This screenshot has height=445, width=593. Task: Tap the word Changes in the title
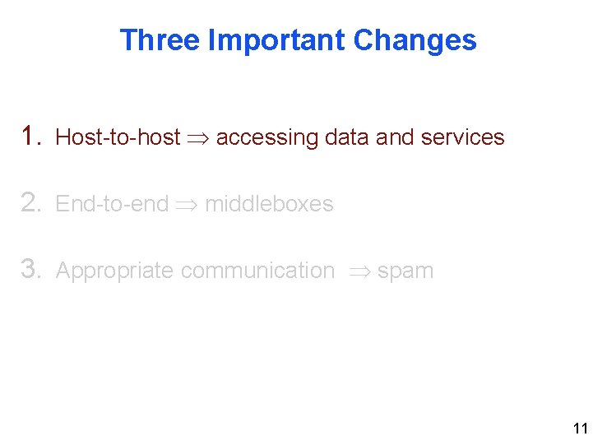415,39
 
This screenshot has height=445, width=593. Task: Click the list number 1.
32,136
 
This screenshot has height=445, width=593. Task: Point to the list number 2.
32,202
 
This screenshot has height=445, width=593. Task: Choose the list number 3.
32,269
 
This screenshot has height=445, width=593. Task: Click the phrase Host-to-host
118,137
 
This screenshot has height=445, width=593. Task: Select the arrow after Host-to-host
198,137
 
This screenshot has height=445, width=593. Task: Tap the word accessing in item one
266,138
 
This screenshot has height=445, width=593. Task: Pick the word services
461,137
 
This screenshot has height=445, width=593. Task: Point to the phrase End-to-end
112,204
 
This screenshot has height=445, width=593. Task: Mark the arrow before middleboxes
187,204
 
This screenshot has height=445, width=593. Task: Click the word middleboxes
269,204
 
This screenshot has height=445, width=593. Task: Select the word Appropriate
114,271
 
